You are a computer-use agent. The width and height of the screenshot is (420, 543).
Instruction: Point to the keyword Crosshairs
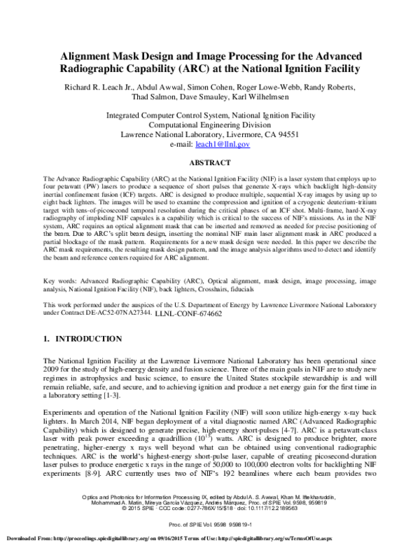(x=244, y=290)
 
